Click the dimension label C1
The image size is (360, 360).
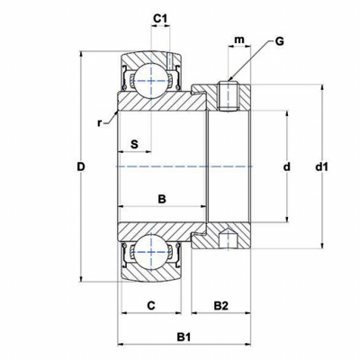(160, 18)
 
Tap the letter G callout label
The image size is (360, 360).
(279, 41)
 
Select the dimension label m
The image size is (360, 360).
(239, 40)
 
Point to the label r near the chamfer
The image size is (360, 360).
(99, 123)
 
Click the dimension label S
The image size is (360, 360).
(135, 144)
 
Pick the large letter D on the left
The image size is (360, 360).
(81, 166)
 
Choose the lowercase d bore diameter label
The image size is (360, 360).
(287, 166)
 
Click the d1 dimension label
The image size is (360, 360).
(321, 166)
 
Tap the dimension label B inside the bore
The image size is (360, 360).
(162, 199)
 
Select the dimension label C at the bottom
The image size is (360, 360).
(151, 305)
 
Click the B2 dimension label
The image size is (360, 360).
(221, 306)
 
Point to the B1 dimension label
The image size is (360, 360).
(184, 337)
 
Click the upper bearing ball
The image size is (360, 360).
(151, 80)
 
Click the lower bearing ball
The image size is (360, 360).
(151, 251)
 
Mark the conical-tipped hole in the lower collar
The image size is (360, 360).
(228, 239)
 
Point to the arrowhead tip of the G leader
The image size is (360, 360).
(229, 81)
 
